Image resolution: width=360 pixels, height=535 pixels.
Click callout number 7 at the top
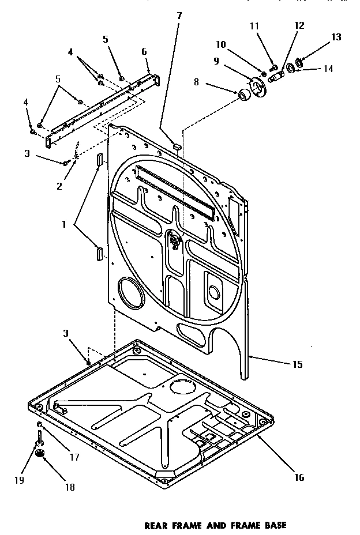[x=179, y=15]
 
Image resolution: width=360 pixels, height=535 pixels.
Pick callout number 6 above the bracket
[x=144, y=51]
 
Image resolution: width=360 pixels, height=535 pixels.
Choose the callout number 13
[x=336, y=37]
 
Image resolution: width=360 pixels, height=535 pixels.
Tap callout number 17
[x=74, y=457]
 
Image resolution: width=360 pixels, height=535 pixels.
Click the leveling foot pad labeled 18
[x=40, y=455]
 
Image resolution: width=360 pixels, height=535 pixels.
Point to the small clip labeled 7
[x=177, y=146]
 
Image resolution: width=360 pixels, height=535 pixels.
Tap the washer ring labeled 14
[x=291, y=69]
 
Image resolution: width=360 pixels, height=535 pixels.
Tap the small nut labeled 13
[x=299, y=61]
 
